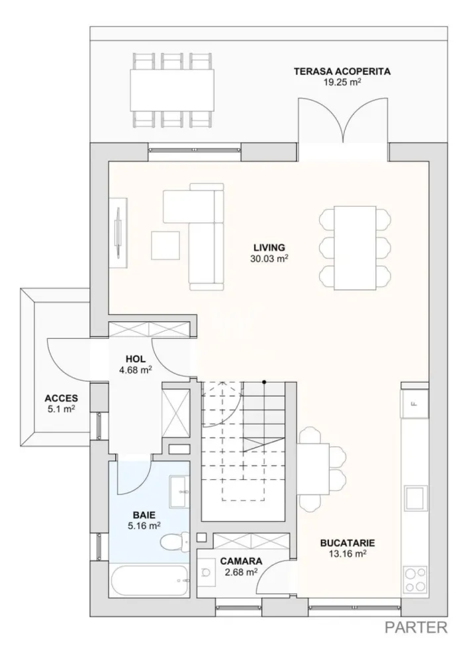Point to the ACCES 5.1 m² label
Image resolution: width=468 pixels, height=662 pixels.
click(61, 404)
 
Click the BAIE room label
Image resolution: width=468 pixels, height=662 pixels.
click(144, 520)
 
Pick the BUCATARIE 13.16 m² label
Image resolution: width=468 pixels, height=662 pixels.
click(343, 547)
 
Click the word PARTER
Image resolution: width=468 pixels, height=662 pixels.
click(416, 627)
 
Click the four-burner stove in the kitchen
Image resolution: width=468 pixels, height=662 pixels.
click(415, 579)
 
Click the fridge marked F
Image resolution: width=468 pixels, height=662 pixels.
click(414, 403)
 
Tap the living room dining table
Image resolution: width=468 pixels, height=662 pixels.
click(354, 248)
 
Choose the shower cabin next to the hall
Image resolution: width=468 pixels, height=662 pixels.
click(176, 412)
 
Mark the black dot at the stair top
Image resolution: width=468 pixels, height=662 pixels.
click(263, 382)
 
